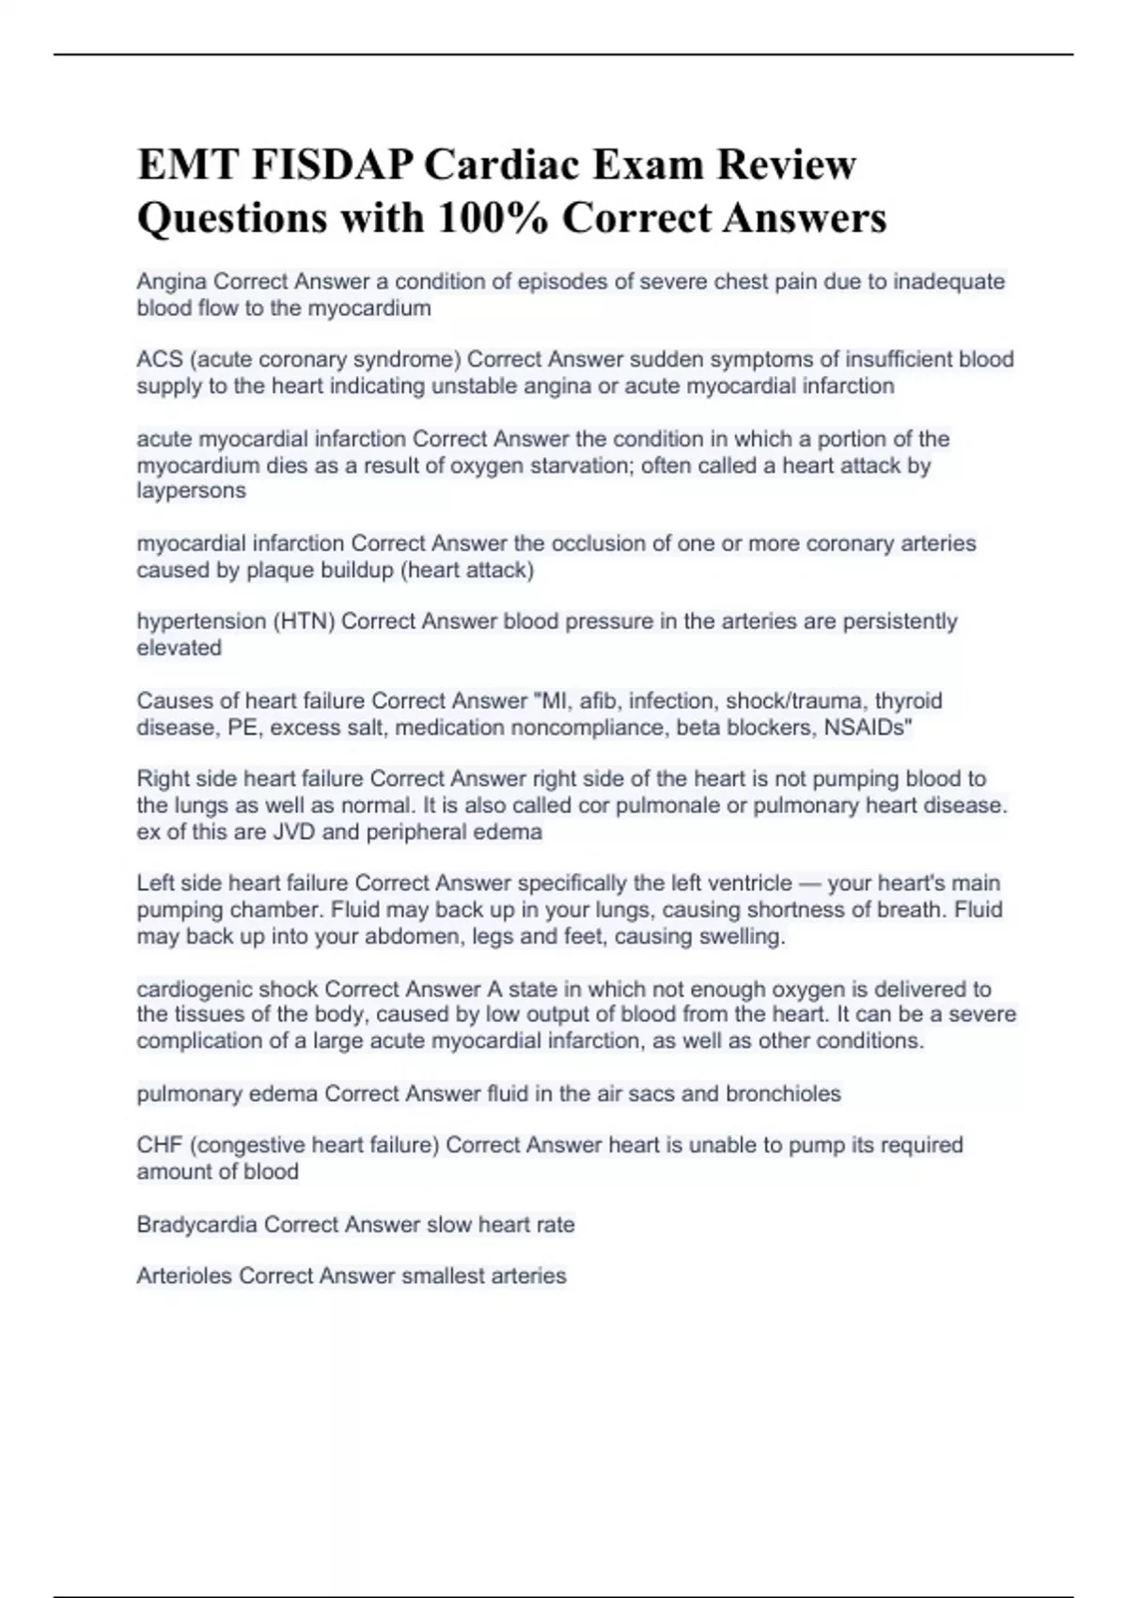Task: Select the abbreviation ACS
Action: pyautogui.click(x=159, y=360)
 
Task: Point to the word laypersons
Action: pyautogui.click(x=191, y=491)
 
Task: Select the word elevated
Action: pyautogui.click(x=179, y=648)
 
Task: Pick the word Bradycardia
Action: pyautogui.click(x=196, y=1225)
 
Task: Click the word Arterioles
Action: pyautogui.click(x=184, y=1276)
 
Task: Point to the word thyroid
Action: pyautogui.click(x=908, y=700)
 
